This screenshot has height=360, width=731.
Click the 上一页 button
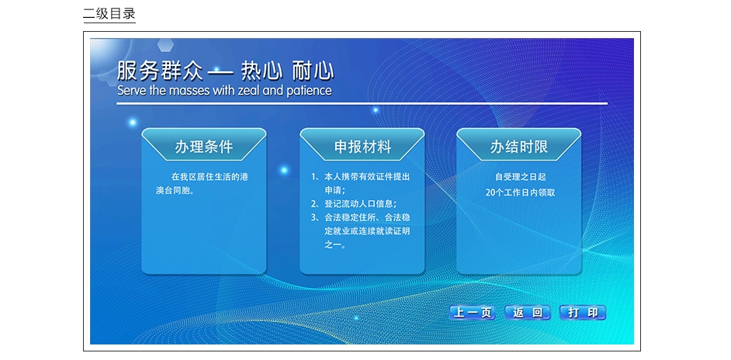(473, 313)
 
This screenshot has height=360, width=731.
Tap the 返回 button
(528, 313)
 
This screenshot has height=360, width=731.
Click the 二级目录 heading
(109, 13)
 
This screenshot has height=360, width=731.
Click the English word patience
(308, 91)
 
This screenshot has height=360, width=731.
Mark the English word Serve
(132, 91)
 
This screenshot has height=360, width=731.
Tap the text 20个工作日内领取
(520, 192)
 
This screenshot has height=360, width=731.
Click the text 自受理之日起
(520, 177)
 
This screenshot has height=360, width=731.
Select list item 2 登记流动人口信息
(354, 204)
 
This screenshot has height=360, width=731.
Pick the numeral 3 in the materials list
(314, 217)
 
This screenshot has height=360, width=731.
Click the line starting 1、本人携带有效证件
(360, 177)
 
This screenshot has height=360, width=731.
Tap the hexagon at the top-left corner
(165, 45)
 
